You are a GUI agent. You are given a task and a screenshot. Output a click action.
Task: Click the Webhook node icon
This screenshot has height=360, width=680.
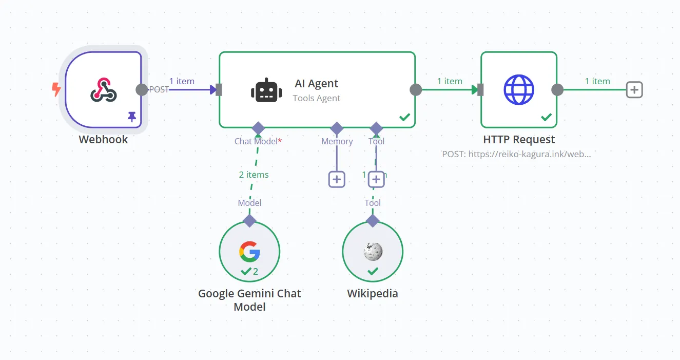pos(103,90)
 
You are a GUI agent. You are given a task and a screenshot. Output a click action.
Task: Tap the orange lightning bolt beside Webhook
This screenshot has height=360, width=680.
pos(56,90)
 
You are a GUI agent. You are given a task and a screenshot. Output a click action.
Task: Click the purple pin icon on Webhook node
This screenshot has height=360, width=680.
pos(132,117)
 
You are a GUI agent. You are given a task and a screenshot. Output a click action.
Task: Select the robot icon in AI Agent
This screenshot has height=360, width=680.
pos(266,90)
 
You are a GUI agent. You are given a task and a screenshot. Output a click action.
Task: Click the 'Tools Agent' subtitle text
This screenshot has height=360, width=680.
pos(316,98)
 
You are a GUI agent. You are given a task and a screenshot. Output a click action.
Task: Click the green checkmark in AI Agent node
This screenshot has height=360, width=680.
pos(404,118)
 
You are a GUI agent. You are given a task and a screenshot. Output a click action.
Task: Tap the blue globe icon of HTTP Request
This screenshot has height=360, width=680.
pos(519,90)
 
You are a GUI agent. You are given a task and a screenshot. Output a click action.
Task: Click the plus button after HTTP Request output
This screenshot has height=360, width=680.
pos(634,90)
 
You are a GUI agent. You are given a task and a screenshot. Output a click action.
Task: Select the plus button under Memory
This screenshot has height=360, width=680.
pos(337,179)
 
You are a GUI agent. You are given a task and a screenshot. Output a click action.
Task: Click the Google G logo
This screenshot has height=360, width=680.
pos(249,251)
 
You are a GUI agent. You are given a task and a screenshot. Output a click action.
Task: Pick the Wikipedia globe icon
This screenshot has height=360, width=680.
pos(373,251)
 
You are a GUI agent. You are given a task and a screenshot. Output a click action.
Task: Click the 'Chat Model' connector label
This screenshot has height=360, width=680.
pos(256,141)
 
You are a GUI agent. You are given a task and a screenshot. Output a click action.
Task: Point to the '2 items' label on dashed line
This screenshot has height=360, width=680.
pos(254,175)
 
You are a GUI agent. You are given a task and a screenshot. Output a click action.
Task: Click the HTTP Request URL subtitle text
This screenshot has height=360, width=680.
pos(516,154)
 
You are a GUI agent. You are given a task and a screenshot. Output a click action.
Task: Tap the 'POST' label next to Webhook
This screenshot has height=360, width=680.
pos(159,89)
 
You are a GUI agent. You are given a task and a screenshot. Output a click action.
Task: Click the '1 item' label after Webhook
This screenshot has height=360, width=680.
pos(182,81)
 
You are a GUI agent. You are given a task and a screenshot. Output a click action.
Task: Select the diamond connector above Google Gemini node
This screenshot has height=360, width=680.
pos(249,221)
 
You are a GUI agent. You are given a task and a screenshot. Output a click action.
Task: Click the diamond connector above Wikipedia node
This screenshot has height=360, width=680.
pos(373,221)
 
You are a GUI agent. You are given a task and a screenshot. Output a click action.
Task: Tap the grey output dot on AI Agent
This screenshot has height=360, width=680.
pos(415,90)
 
